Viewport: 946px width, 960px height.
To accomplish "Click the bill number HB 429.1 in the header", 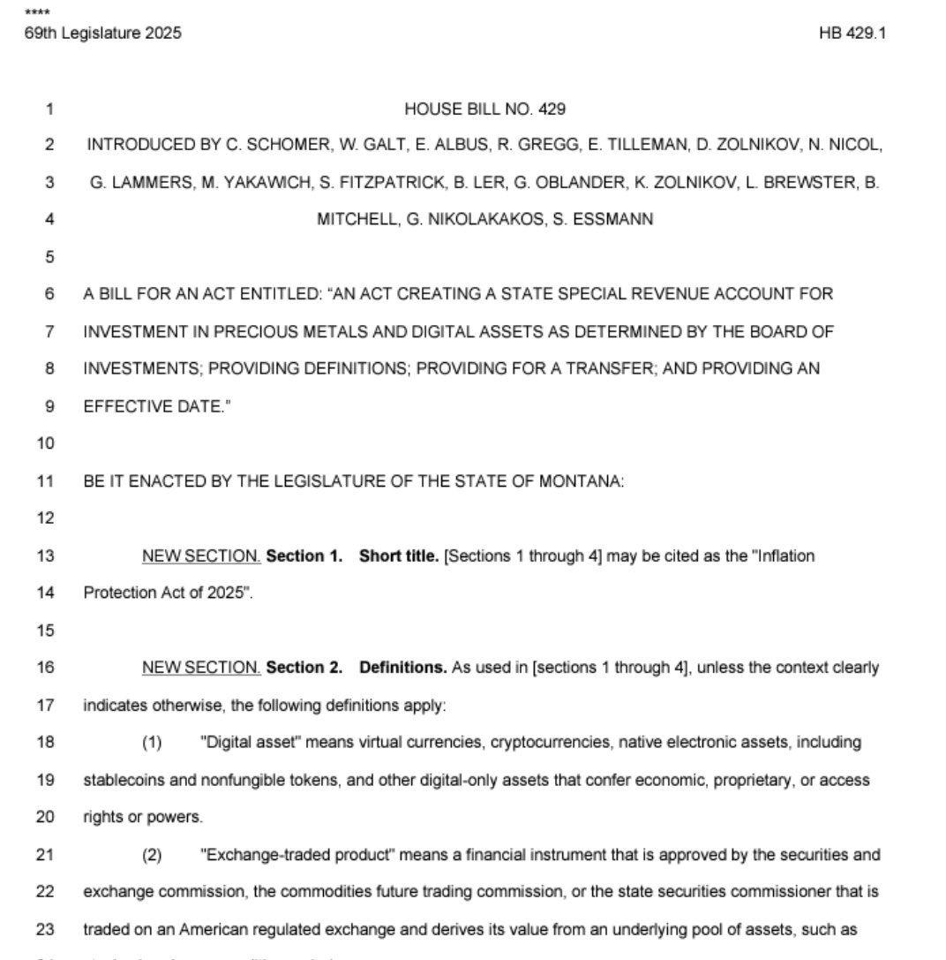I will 853,34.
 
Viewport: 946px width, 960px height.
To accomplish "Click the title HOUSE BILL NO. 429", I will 484,110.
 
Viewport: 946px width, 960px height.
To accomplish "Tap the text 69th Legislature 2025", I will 103,34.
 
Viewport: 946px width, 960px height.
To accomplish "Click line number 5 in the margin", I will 49,258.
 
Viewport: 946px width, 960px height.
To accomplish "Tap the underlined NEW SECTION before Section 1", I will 201,556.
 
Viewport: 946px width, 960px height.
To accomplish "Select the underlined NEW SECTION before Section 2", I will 201,668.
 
